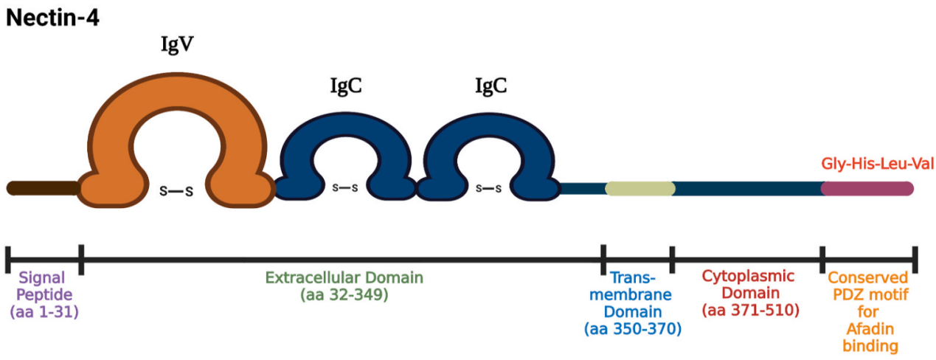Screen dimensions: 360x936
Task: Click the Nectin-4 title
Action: click(x=52, y=17)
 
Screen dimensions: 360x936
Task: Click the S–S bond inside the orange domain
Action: click(x=177, y=192)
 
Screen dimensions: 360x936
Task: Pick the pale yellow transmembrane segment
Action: click(x=639, y=188)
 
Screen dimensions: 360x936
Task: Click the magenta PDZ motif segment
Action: click(x=867, y=188)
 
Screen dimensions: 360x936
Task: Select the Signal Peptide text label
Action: click(x=42, y=286)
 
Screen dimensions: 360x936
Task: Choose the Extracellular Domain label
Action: click(x=344, y=278)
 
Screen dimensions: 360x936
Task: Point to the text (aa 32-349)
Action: click(x=344, y=295)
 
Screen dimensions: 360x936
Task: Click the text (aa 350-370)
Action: click(x=633, y=329)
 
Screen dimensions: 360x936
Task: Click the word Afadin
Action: click(x=867, y=329)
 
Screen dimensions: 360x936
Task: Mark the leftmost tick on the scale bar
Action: click(x=7, y=258)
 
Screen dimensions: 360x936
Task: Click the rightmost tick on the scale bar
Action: click(x=915, y=258)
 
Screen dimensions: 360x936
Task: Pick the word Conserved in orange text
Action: click(x=867, y=278)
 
